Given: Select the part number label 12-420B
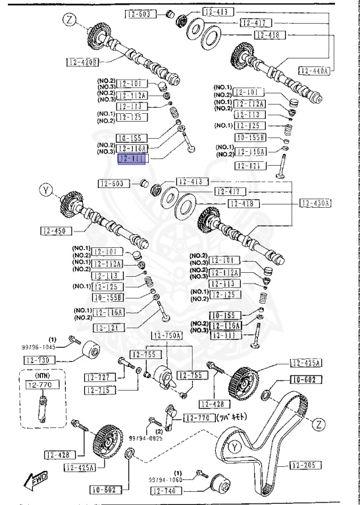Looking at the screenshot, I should (x=82, y=62).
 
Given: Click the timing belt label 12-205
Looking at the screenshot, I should (x=303, y=465).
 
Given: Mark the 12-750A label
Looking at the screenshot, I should (x=167, y=335).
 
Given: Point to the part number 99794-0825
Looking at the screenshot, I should (x=145, y=437).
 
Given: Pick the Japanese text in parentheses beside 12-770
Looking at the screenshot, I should (x=232, y=417).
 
